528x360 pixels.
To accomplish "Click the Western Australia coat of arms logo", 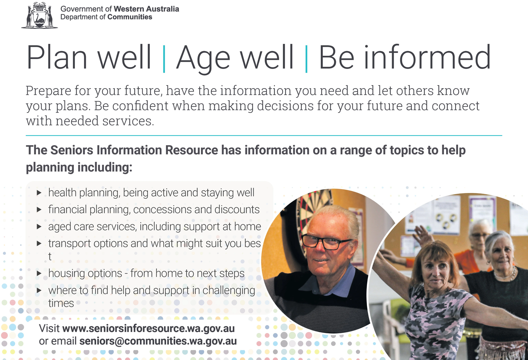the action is point(39,15).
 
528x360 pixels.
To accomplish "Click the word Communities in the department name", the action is point(130,17).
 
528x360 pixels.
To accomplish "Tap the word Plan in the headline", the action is point(57,57).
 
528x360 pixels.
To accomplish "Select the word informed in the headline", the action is point(427,57).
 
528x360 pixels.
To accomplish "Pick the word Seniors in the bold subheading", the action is point(72,150).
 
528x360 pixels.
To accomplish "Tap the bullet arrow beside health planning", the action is point(39,193).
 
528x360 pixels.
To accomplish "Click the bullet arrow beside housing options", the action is point(39,274).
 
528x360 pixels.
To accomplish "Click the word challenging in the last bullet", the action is point(229,290).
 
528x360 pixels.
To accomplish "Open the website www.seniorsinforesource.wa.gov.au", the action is point(148,328).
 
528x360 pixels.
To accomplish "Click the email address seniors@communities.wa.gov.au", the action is point(158,341).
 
